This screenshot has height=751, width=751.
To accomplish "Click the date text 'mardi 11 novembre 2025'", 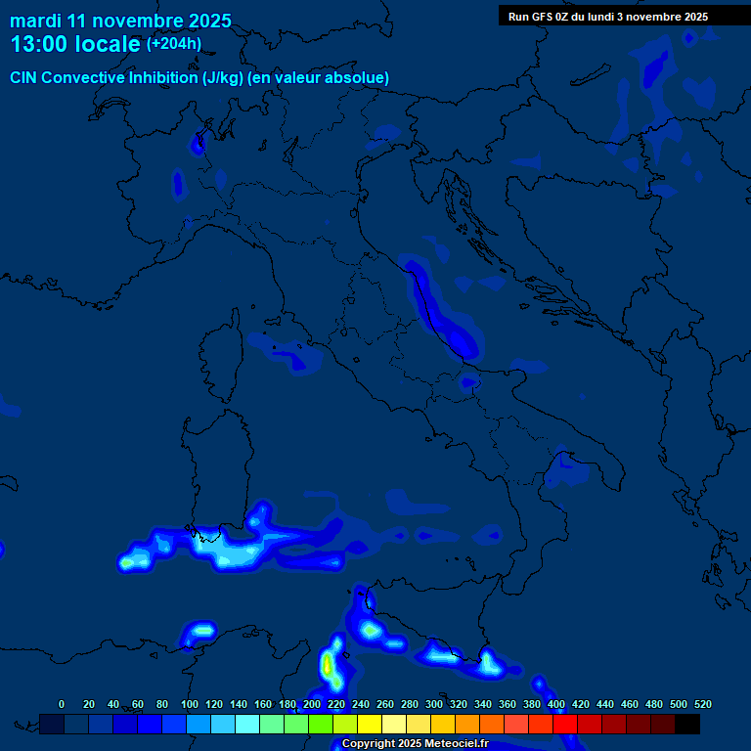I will click(x=120, y=21).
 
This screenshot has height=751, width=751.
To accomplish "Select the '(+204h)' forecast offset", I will click(x=174, y=44).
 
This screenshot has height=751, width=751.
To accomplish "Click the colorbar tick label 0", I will click(x=62, y=704).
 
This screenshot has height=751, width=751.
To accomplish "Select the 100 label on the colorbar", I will click(x=190, y=704).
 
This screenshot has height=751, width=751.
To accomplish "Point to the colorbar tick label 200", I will click(x=312, y=704).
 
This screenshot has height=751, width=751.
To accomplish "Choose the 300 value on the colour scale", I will click(x=434, y=704).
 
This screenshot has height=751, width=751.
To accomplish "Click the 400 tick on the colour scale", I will click(x=556, y=704).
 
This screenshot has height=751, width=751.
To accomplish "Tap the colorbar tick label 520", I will click(x=702, y=704).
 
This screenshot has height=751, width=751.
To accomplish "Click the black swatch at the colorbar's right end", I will click(x=687, y=724).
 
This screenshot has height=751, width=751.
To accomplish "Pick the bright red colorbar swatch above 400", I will click(x=565, y=724).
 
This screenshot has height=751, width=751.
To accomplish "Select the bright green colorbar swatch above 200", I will click(x=321, y=724).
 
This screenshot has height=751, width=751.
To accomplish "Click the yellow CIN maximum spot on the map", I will click(x=328, y=666).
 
